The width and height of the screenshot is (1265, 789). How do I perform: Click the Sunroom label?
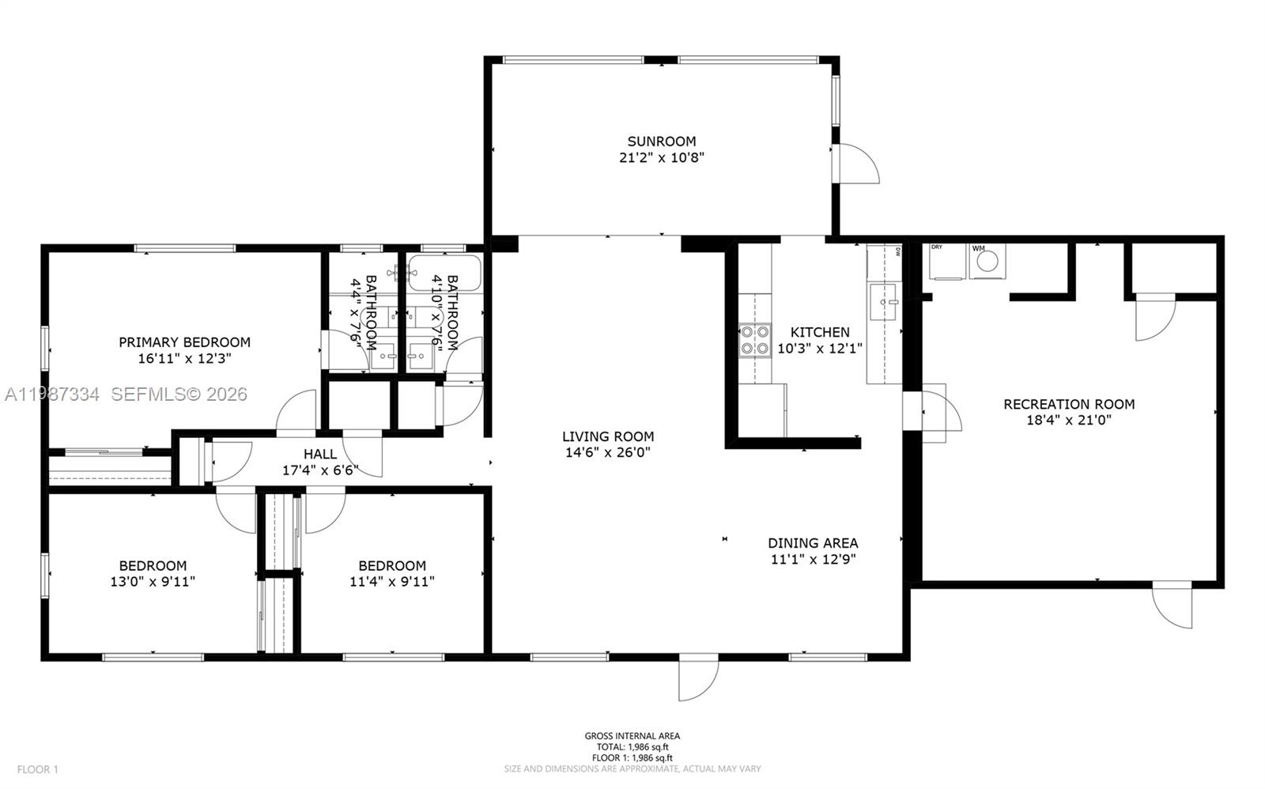point(661,142)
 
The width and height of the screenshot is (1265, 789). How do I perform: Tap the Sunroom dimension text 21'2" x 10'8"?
point(661,157)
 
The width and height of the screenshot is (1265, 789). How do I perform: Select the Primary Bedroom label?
point(184,342)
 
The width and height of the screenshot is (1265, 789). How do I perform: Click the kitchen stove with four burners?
point(754,340)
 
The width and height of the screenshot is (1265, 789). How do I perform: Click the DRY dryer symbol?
point(946,263)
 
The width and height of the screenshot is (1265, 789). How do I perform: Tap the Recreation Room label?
point(1068,404)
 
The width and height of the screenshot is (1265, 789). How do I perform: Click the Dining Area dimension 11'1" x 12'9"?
point(813,559)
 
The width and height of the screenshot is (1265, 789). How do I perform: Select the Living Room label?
point(607,436)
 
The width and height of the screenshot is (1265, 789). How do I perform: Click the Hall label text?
point(320,454)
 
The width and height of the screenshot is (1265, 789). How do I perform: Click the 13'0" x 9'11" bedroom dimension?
point(153,582)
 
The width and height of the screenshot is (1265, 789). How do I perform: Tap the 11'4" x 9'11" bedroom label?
point(392,566)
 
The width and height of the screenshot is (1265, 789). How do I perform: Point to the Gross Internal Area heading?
point(632,736)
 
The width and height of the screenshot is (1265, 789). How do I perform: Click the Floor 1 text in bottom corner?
point(37,769)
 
